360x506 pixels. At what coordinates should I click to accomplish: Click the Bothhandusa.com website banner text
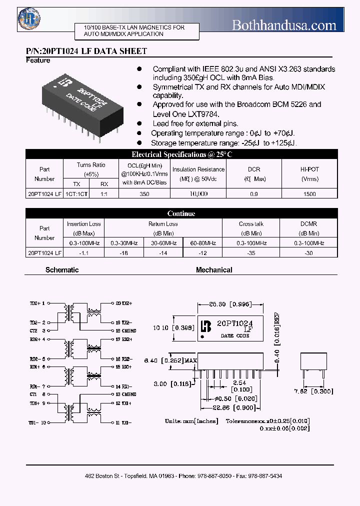point(284,25)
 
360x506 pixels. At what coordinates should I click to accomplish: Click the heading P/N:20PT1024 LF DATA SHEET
point(86,51)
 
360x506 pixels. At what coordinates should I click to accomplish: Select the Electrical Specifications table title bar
point(181,154)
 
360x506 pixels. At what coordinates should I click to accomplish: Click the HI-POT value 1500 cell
point(309,193)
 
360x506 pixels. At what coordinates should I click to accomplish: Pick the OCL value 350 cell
point(144,193)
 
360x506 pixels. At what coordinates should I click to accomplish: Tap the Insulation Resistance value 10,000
point(198,193)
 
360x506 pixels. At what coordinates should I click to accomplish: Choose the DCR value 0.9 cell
point(253,193)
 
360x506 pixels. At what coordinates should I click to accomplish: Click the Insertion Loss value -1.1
point(83,253)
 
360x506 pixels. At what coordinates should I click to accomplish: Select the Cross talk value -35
point(251,253)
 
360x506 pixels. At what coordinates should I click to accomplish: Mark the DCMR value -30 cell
point(309,253)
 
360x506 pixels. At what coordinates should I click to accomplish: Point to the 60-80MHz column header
point(202,243)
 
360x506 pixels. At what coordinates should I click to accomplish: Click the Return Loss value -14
point(163,253)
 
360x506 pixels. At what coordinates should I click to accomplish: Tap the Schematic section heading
point(62,270)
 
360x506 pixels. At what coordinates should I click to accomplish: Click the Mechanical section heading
point(214,270)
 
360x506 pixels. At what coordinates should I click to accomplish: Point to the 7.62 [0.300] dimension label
point(314,392)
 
